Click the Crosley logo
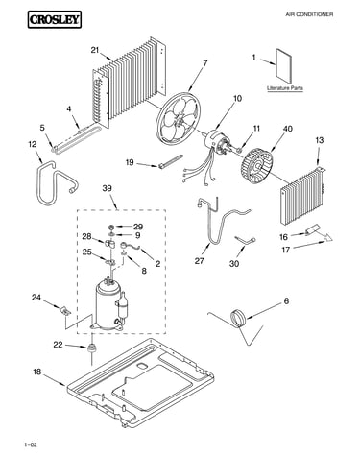pyautogui.click(x=54, y=19)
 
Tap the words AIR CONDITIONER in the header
pyautogui.click(x=309, y=14)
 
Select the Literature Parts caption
pyautogui.click(x=285, y=88)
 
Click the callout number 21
pyautogui.click(x=95, y=50)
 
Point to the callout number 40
pyautogui.click(x=288, y=129)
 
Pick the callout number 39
pyautogui.click(x=107, y=188)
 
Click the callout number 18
pyautogui.click(x=37, y=372)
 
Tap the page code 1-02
pyautogui.click(x=31, y=444)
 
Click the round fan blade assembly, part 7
pyautogui.click(x=178, y=118)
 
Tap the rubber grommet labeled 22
pyautogui.click(x=92, y=348)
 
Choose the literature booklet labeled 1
pyautogui.click(x=284, y=67)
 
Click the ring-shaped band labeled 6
pyautogui.click(x=238, y=318)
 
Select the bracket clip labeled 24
pyautogui.click(x=65, y=310)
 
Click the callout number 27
pyautogui.click(x=199, y=261)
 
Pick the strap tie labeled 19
pyautogui.click(x=170, y=161)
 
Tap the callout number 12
pyautogui.click(x=33, y=144)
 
